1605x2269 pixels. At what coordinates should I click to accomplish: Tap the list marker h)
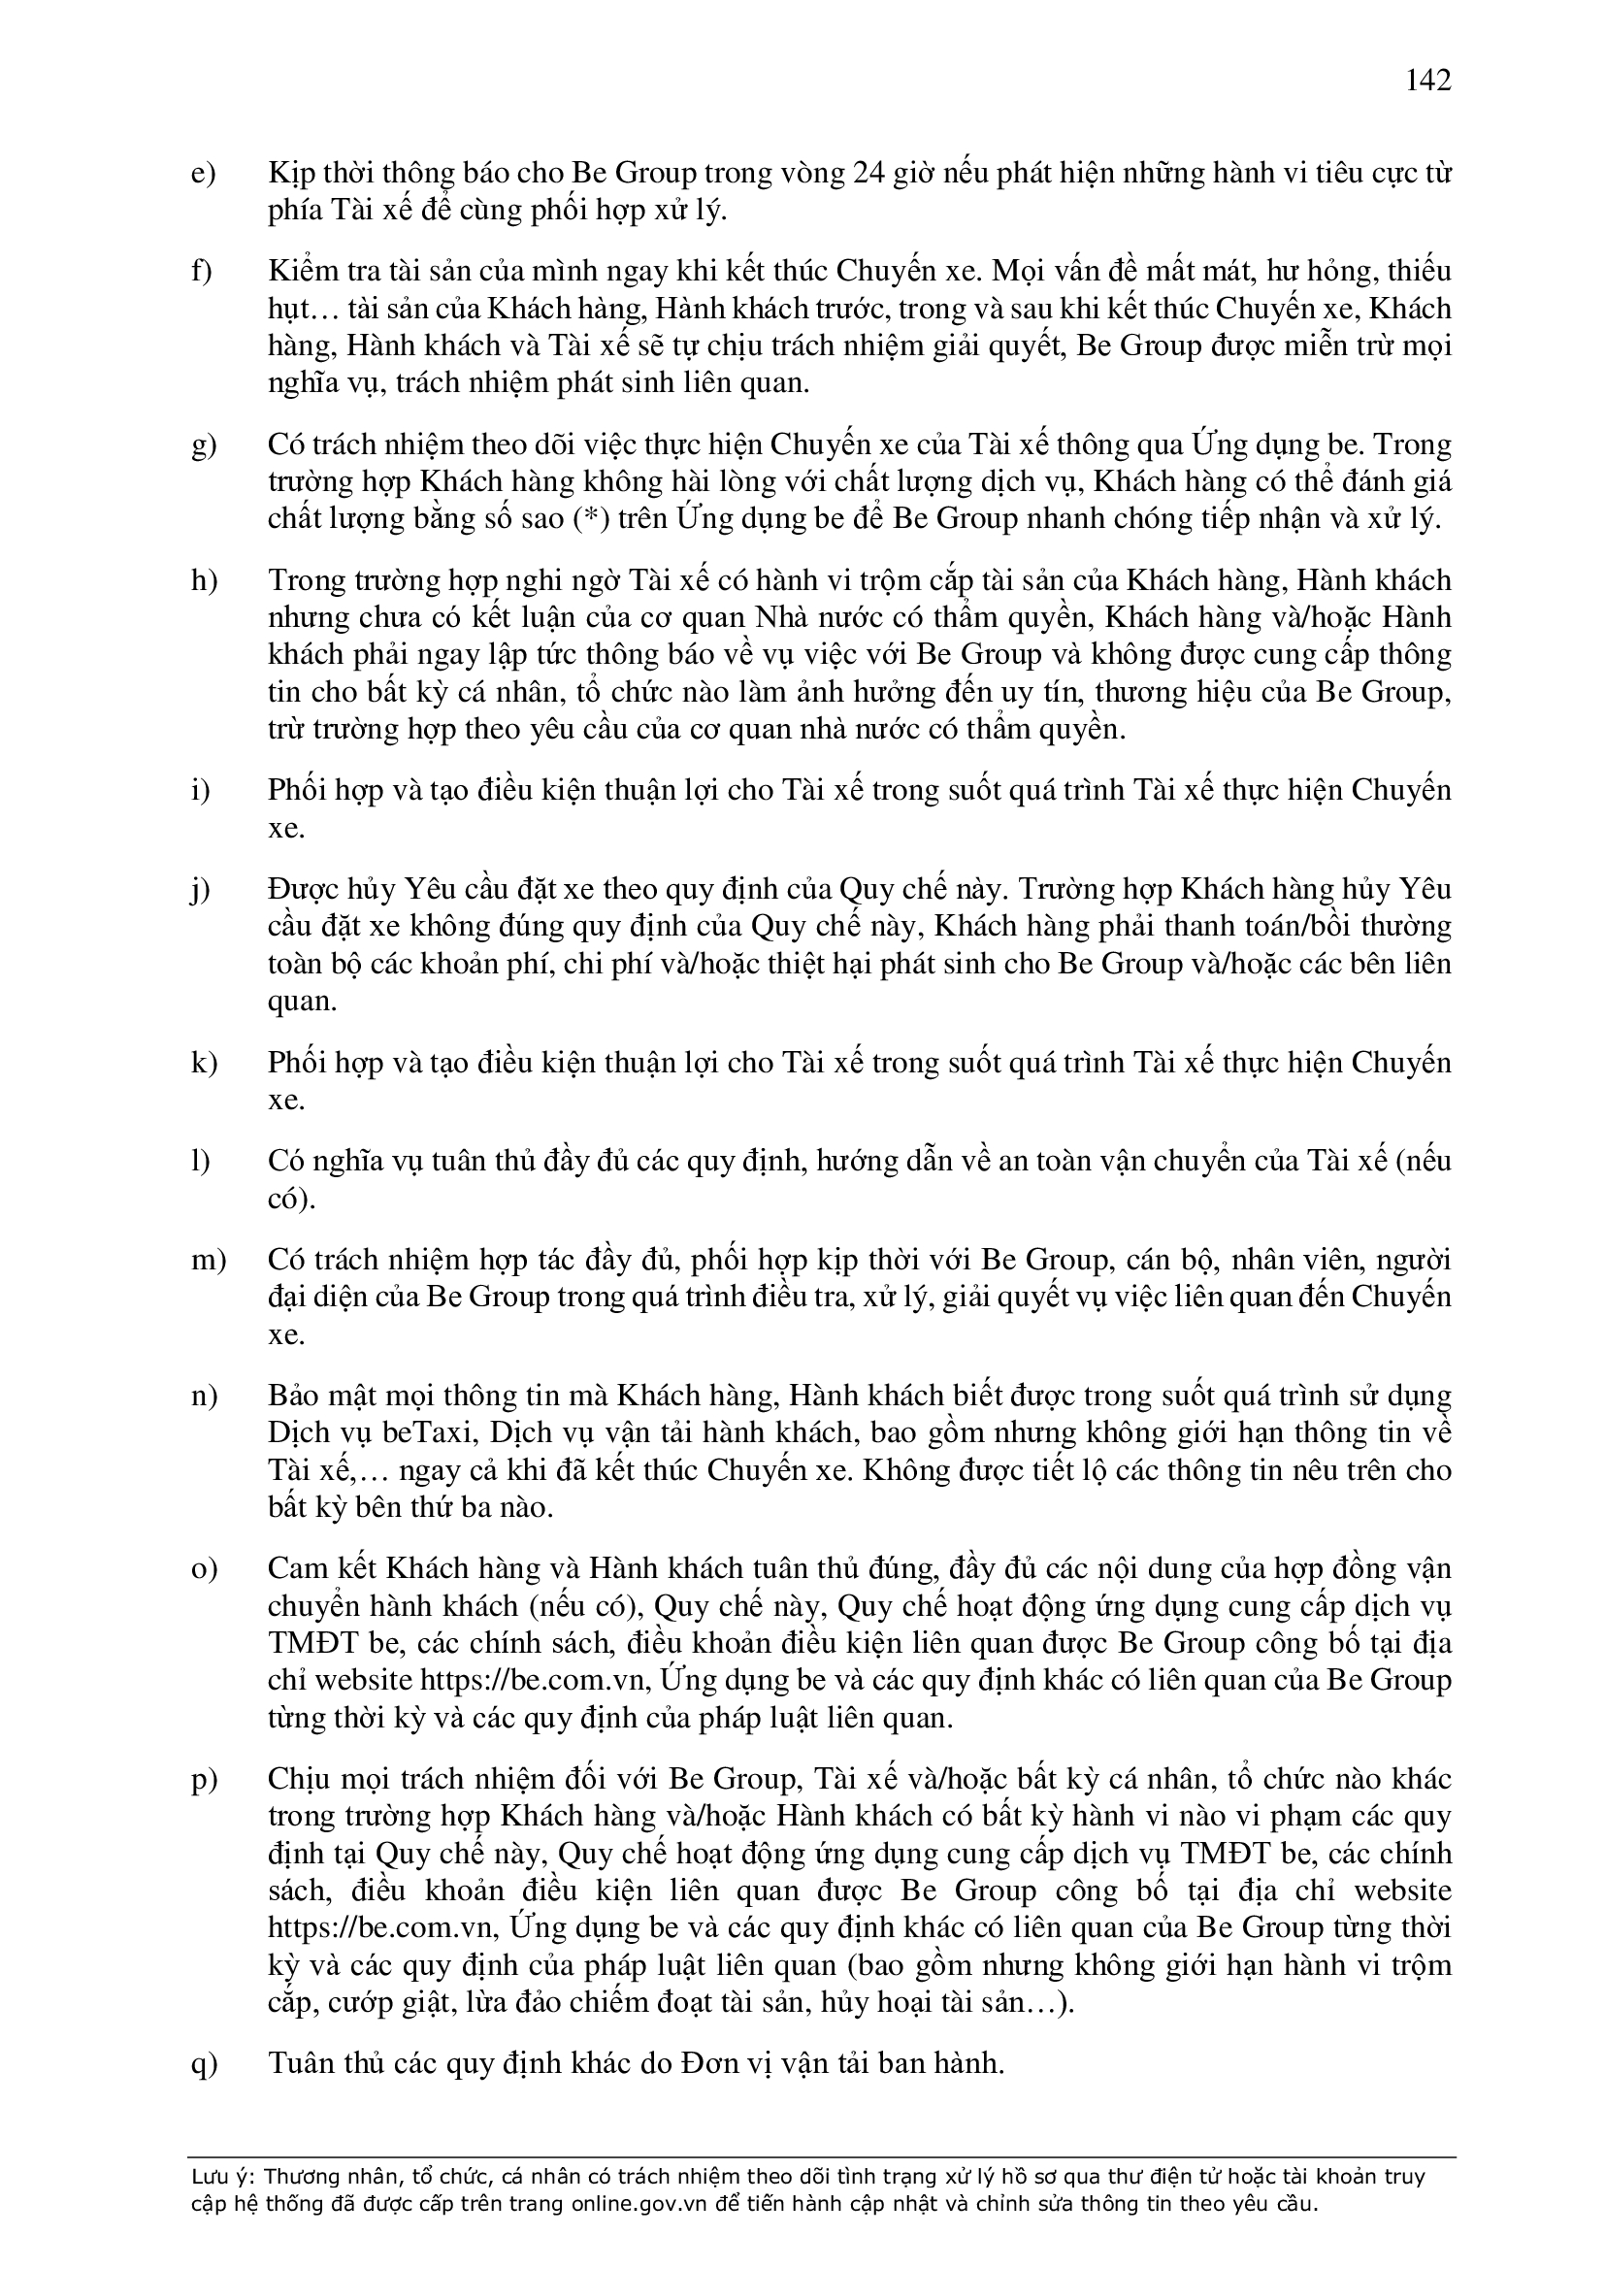pos(204,580)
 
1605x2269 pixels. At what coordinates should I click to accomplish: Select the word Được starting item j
pos(301,889)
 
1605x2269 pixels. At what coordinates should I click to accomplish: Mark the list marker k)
pos(204,1064)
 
